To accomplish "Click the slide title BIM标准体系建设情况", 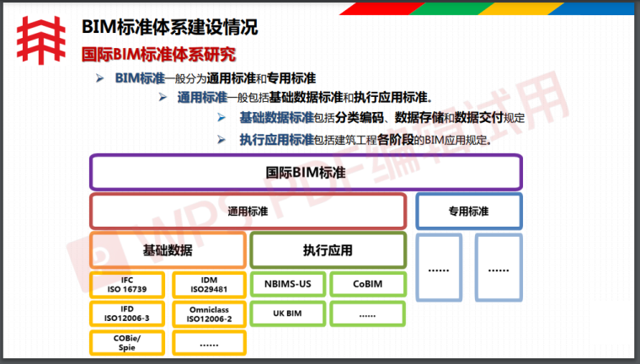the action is (x=169, y=26).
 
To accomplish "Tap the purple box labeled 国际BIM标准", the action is (x=307, y=172).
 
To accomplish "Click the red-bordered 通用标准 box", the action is (x=248, y=211).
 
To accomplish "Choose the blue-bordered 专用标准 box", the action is (x=468, y=211).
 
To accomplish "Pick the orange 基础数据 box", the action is (x=168, y=250).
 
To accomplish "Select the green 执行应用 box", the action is (x=328, y=250).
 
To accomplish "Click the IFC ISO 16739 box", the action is (x=126, y=284).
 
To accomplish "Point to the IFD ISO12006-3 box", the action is (x=126, y=313).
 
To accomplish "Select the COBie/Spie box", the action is (x=126, y=343).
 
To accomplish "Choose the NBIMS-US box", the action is (x=286, y=284).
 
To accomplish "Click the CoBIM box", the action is (x=367, y=284).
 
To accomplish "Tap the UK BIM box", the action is (x=286, y=313).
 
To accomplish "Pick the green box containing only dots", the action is (x=367, y=313).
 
